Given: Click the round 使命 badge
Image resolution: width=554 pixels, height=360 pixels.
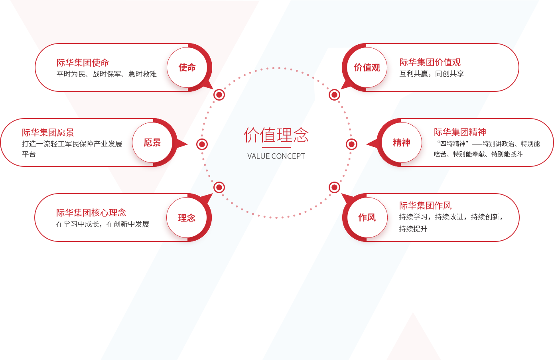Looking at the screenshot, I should click(x=187, y=67).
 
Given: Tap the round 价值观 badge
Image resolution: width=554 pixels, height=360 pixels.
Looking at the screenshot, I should click(x=367, y=67).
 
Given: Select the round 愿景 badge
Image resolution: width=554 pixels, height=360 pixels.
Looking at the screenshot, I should click(x=152, y=142).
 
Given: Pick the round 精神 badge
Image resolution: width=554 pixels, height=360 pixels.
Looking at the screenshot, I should click(x=401, y=142).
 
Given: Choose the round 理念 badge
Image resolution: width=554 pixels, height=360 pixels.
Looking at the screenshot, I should click(x=187, y=218).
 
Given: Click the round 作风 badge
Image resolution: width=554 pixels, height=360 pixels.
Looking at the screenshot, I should click(x=367, y=218).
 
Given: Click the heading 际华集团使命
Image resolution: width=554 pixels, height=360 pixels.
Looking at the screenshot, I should click(x=83, y=63).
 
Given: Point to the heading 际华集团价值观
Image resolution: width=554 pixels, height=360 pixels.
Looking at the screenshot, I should click(x=430, y=62).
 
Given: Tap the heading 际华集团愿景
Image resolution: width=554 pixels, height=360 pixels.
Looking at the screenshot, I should click(x=48, y=133).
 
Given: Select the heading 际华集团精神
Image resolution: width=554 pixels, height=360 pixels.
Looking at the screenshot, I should click(x=460, y=132).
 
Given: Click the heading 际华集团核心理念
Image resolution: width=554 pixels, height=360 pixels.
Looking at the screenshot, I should click(x=91, y=213).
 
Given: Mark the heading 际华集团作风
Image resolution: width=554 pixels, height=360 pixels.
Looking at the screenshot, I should click(x=425, y=206).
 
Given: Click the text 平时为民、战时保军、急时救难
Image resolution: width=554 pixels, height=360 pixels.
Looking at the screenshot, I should click(x=106, y=74).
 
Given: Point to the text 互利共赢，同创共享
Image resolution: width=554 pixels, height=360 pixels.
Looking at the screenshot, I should click(x=432, y=73).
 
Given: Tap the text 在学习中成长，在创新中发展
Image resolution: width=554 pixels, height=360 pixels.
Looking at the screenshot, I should click(x=103, y=224).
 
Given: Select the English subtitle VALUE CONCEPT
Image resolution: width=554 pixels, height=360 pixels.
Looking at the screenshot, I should click(x=276, y=156).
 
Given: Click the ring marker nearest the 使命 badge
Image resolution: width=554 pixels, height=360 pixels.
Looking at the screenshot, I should click(x=219, y=95).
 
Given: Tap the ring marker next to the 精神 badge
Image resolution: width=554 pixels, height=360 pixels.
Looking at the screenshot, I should click(x=352, y=144).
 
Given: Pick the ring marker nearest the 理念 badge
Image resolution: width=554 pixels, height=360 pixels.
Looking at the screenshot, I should click(x=219, y=187).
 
